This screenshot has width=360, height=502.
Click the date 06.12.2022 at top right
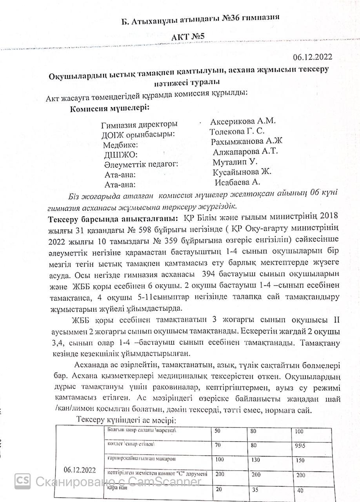pyautogui.click(x=312, y=57)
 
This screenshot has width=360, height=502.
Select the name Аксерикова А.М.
pyautogui.click(x=243, y=121)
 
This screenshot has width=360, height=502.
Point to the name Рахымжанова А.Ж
pyautogui.click(x=247, y=142)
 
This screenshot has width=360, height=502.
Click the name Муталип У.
pyautogui.click(x=229, y=162)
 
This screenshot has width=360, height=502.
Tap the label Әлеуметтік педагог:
pyautogui.click(x=141, y=164)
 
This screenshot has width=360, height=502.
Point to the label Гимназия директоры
pyautogui.click(x=139, y=125)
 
